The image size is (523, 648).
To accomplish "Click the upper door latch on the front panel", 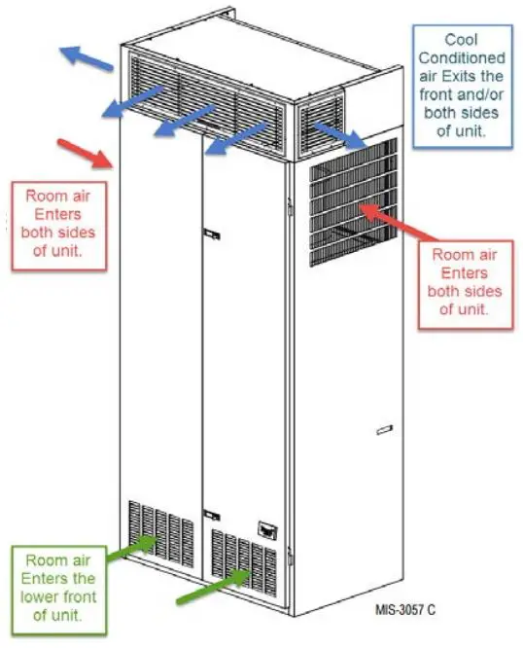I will click(211, 234).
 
